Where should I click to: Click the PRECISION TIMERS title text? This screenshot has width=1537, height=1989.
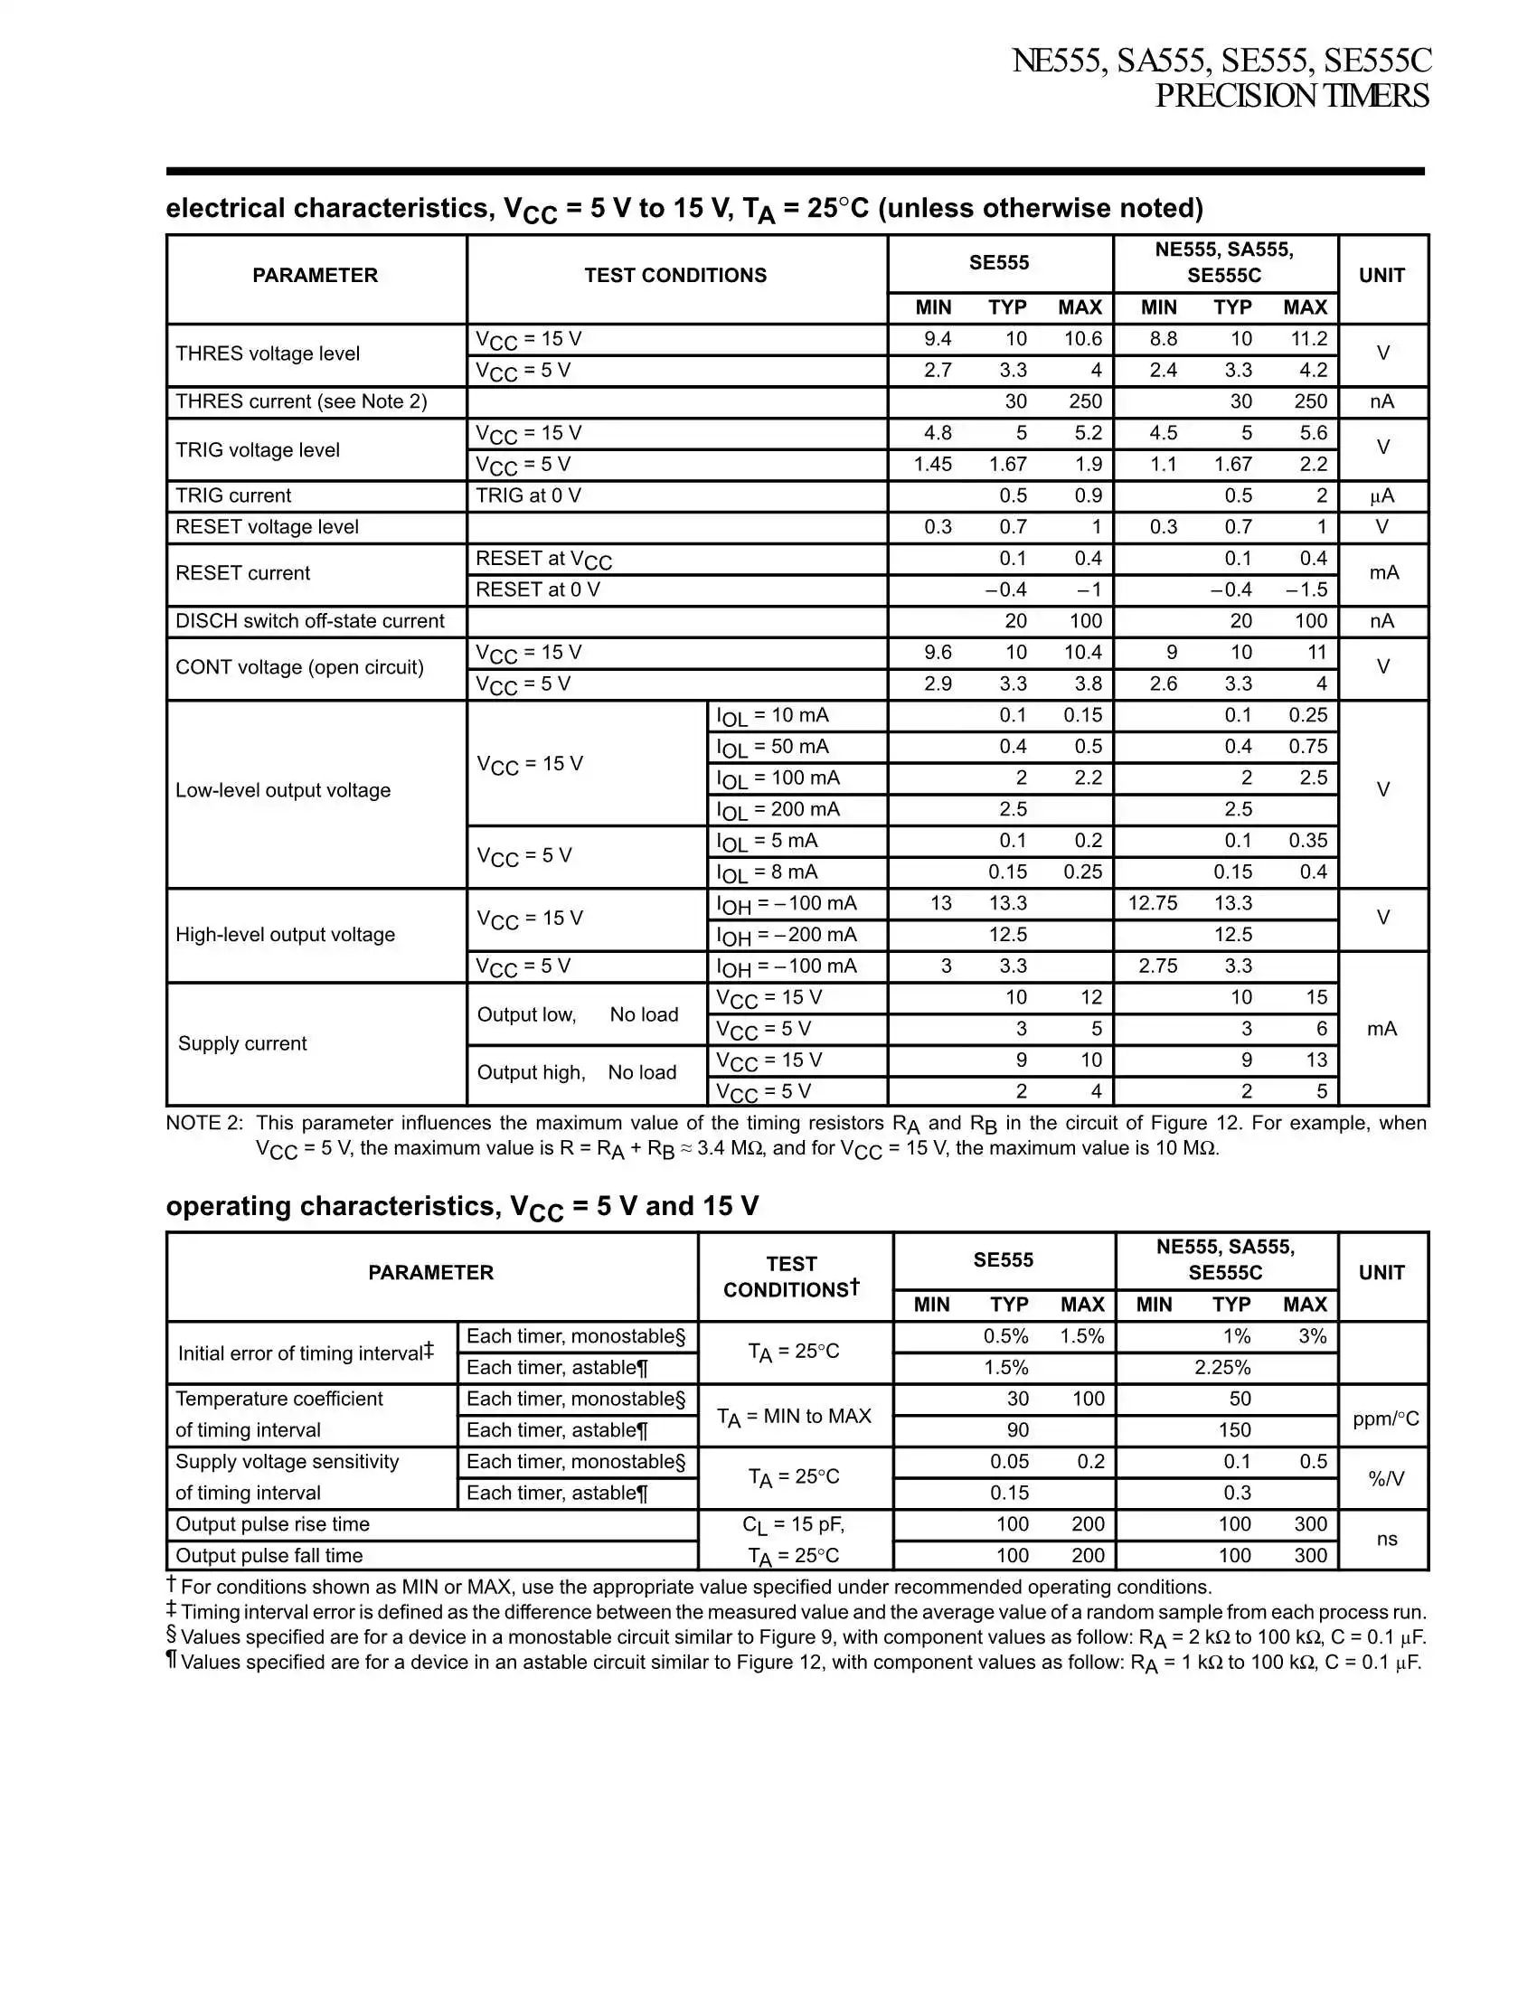tap(1291, 96)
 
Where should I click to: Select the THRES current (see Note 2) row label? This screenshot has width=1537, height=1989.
tap(300, 401)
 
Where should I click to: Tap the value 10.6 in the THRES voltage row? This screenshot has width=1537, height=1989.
tap(1082, 339)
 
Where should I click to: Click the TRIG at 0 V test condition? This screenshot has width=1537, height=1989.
tap(528, 495)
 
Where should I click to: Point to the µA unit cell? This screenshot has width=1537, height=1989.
tap(1381, 496)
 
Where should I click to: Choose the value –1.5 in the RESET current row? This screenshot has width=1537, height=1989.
tap(1306, 589)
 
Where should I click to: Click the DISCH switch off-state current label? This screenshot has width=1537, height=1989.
tap(309, 621)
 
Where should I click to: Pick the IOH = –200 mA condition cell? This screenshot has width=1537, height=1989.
tap(786, 936)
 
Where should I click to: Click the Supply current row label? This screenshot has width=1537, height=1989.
tap(242, 1043)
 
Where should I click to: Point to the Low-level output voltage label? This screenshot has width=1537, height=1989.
tap(282, 790)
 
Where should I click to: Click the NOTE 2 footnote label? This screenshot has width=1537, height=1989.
tap(204, 1123)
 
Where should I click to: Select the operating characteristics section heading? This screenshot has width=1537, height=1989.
tap(462, 1207)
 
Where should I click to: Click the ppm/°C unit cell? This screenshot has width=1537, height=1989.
tap(1385, 1419)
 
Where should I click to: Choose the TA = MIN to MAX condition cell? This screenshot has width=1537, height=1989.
tap(794, 1416)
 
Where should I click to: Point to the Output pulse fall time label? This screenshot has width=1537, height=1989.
tap(269, 1556)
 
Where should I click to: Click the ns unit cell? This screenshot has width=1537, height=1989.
tap(1386, 1539)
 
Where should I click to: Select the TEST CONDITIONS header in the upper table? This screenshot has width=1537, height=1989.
tap(675, 275)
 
